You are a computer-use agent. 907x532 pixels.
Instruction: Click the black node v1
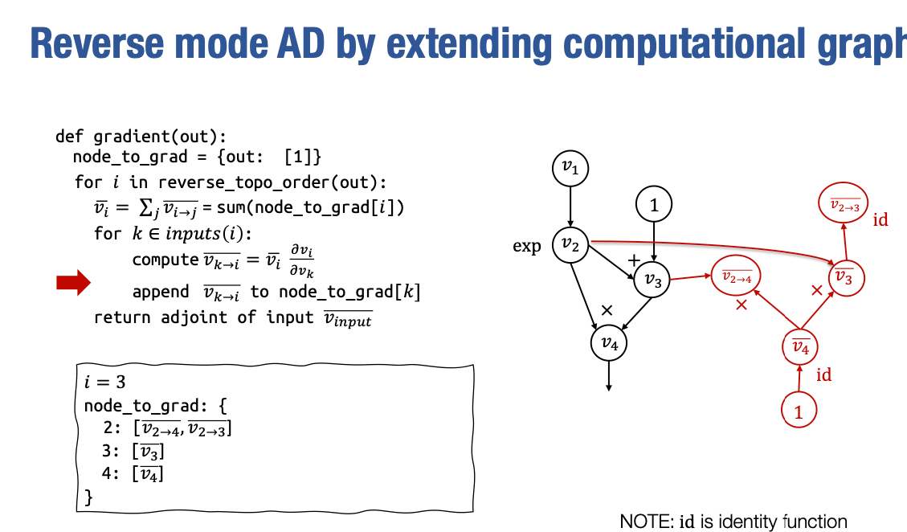(570, 168)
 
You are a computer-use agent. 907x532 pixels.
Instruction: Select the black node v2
(570, 246)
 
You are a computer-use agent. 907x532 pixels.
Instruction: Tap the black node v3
(652, 280)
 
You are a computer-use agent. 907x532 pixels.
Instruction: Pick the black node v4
(609, 344)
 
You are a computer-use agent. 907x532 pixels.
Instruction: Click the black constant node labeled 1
(654, 206)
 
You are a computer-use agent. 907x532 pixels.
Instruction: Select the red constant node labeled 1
(799, 411)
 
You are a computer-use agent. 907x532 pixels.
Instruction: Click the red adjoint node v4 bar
(800, 347)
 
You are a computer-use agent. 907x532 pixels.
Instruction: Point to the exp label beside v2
(527, 246)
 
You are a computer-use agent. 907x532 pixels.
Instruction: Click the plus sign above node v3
(633, 260)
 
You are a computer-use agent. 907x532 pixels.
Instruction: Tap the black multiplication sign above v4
(607, 309)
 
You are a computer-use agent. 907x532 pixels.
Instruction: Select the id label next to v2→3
(880, 219)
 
